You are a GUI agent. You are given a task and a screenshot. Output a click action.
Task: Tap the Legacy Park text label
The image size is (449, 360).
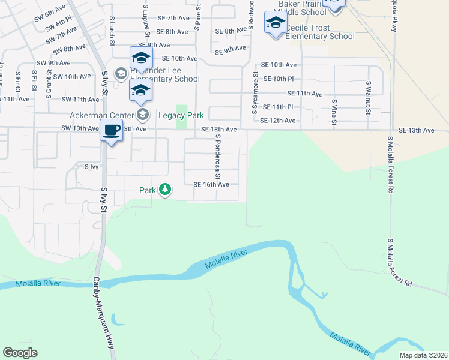coord(181,115)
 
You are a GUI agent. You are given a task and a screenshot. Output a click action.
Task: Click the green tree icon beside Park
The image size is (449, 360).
coord(165,190)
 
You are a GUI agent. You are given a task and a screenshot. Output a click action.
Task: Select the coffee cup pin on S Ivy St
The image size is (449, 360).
coord(111,131)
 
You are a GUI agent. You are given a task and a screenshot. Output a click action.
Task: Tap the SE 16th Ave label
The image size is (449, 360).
coord(211,185)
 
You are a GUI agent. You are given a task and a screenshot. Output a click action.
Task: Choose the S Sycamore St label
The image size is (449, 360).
coord(255,94)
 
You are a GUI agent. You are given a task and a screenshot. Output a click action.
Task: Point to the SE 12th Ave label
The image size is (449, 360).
coord(279,121)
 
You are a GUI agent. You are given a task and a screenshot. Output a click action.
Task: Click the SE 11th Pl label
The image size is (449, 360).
coord(277,107)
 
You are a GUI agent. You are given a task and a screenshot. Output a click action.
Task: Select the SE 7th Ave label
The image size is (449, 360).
coord(173,19)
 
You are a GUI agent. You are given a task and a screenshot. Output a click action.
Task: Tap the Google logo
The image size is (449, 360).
coord(20,352)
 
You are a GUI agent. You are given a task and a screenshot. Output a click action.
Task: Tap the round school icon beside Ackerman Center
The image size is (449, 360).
coord(143,113)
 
